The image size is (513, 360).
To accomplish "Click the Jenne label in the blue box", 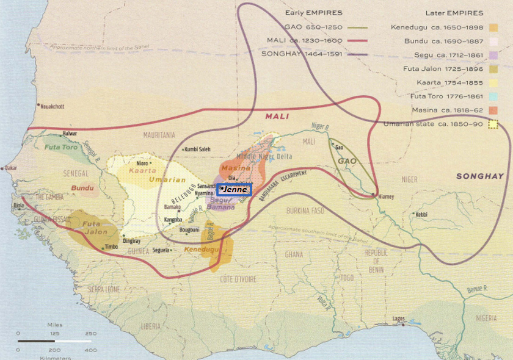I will pyautogui.click(x=235, y=190).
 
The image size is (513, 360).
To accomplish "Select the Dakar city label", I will pyautogui.click(x=12, y=168).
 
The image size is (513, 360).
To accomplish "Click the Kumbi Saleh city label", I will pyautogui.click(x=200, y=149).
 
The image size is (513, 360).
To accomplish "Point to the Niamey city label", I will pyautogui.click(x=385, y=197).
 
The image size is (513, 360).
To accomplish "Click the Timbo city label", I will pyautogui.click(x=111, y=247).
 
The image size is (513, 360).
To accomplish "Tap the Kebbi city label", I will pyautogui.click(x=421, y=214).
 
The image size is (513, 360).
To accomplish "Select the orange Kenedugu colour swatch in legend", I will pyautogui.click(x=493, y=27).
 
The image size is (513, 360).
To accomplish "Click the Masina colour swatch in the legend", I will pyautogui.click(x=493, y=110).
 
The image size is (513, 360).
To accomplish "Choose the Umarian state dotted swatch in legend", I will pyautogui.click(x=493, y=124).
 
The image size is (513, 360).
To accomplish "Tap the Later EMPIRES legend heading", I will pyautogui.click(x=453, y=13).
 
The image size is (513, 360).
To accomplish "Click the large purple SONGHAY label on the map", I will pyautogui.click(x=479, y=176).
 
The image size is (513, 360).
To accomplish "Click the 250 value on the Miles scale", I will pyautogui.click(x=90, y=333).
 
